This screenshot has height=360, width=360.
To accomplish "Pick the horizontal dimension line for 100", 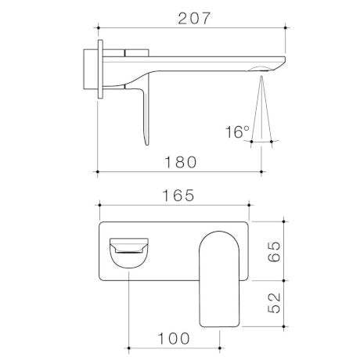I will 175,349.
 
